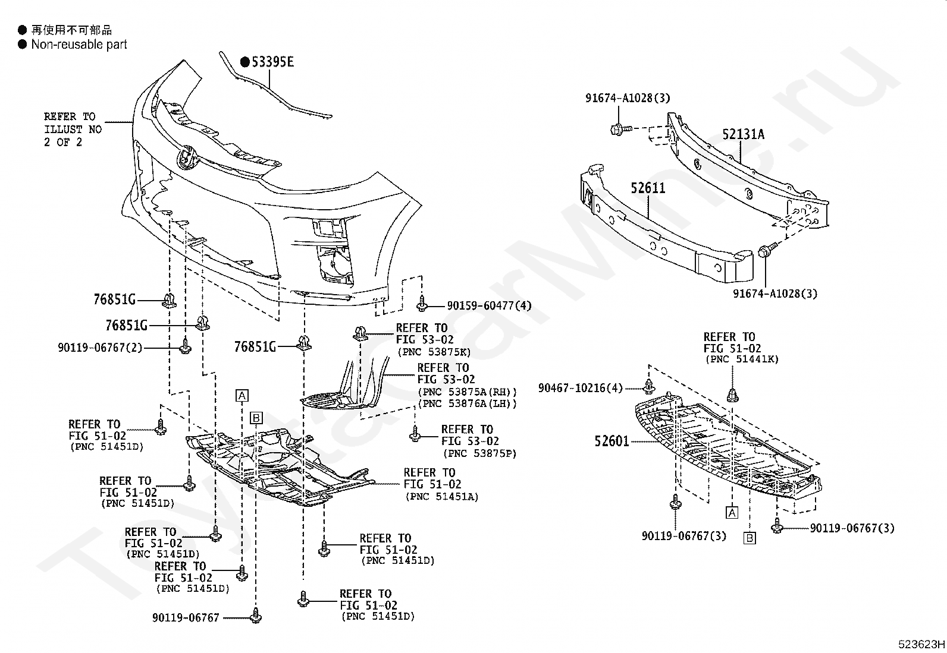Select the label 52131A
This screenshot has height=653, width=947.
point(744,134)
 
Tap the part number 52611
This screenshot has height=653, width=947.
point(648,188)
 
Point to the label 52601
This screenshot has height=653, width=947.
point(612,441)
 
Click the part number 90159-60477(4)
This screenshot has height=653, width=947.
point(489,306)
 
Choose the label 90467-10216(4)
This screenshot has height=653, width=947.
point(581,388)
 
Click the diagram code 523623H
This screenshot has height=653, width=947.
point(921,643)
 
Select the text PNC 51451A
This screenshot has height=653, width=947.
point(442,497)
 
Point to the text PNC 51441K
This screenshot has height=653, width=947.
point(741,359)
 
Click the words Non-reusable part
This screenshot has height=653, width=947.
point(79,45)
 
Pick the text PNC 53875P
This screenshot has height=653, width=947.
point(479,453)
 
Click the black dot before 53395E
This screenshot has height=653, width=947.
point(244,62)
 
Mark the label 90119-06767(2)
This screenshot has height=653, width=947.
point(100,348)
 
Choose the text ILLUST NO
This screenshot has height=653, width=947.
point(73,130)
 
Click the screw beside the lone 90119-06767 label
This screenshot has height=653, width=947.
point(256,616)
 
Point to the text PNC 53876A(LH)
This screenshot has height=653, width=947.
point(467,403)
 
